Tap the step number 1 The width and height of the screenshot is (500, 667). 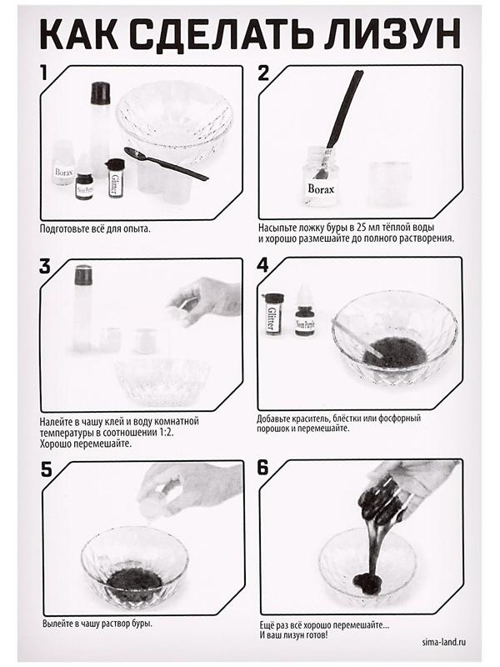pyautogui.click(x=43, y=73)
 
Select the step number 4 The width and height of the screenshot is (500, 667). pyautogui.click(x=262, y=266)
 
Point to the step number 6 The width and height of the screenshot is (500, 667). pyautogui.click(x=262, y=468)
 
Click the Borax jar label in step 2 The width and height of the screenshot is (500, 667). pyautogui.click(x=321, y=188)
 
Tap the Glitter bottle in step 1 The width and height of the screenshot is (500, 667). pyautogui.click(x=114, y=178)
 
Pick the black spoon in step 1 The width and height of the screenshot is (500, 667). pyautogui.click(x=166, y=163)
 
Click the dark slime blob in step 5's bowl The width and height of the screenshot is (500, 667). pyautogui.click(x=134, y=581)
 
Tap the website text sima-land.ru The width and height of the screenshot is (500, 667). pyautogui.click(x=443, y=641)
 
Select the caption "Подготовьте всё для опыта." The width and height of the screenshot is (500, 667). pyautogui.click(x=95, y=228)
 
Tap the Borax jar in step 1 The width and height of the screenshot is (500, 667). pyautogui.click(x=64, y=165)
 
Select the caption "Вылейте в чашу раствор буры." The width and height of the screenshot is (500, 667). pyautogui.click(x=97, y=624)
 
